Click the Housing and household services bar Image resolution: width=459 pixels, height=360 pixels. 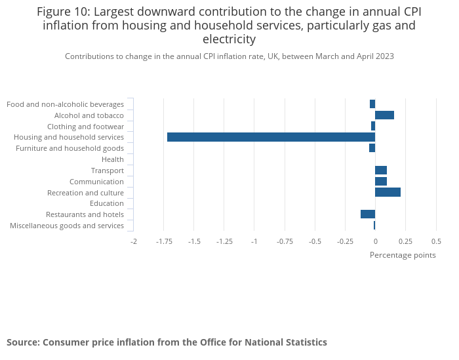coord(271,137)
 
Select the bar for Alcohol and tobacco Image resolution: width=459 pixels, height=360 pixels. coord(384,115)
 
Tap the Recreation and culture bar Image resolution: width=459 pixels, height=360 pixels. coord(388,192)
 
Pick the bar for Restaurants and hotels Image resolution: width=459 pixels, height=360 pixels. coord(368,214)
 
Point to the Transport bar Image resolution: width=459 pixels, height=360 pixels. coord(381,170)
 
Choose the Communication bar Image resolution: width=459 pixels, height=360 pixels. coord(381,182)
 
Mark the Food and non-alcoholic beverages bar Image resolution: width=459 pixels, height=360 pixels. coord(372,104)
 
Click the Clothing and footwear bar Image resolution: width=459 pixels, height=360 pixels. coord(373,126)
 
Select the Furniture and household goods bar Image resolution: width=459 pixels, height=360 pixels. coord(372,148)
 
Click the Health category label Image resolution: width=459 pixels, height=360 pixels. coord(113,159)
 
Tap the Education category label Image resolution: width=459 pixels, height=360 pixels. coord(107,203)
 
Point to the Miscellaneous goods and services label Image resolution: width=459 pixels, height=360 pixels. coord(67,226)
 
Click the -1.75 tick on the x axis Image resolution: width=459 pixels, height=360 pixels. coord(164,241)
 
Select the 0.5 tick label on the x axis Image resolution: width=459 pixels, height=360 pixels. coord(436,241)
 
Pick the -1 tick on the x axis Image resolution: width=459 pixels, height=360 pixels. coord(254,241)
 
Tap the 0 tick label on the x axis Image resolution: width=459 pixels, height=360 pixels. coord(375,241)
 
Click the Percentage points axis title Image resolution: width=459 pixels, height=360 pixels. coord(403,255)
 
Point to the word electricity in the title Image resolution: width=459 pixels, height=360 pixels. coord(229,39)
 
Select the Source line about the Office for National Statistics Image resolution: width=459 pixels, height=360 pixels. coord(167,342)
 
